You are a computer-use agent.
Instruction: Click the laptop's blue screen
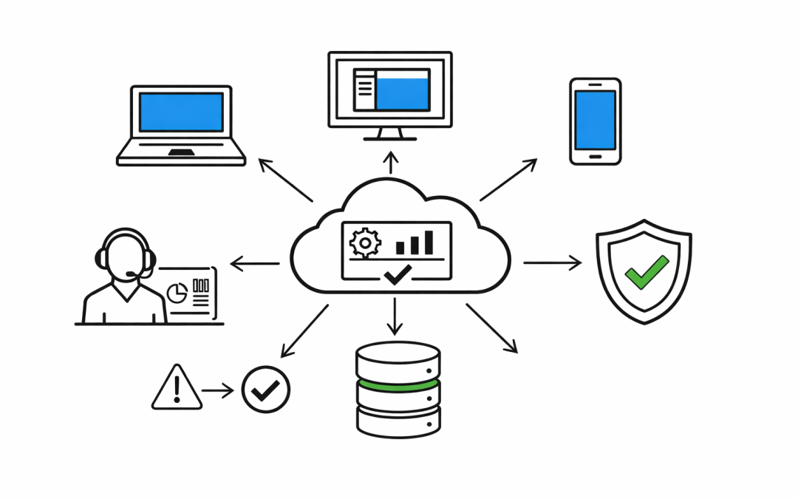coord(181,112)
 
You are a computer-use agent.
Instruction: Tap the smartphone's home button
coord(595,156)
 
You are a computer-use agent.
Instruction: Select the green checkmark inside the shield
coord(646,271)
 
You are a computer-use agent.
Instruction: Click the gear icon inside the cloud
coord(364,242)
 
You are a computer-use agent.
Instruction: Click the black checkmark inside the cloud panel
coord(398,275)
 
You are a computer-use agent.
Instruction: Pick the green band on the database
coord(398,385)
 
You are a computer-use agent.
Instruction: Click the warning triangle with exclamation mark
coord(177,387)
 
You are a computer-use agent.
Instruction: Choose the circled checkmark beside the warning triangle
coord(266,390)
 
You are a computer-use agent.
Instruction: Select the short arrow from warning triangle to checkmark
coord(218,390)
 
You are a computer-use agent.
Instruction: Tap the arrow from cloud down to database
coord(396,316)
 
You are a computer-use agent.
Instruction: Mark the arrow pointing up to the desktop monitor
coord(392,163)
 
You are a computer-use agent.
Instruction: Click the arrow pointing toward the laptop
coord(285,180)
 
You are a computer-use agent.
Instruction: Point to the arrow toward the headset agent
coord(255,263)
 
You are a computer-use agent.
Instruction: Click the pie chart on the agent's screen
coord(177,293)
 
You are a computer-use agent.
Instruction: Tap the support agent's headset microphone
coord(133,275)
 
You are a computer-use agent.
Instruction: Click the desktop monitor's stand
coord(390,135)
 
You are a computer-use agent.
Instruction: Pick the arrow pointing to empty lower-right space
coord(491,328)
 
